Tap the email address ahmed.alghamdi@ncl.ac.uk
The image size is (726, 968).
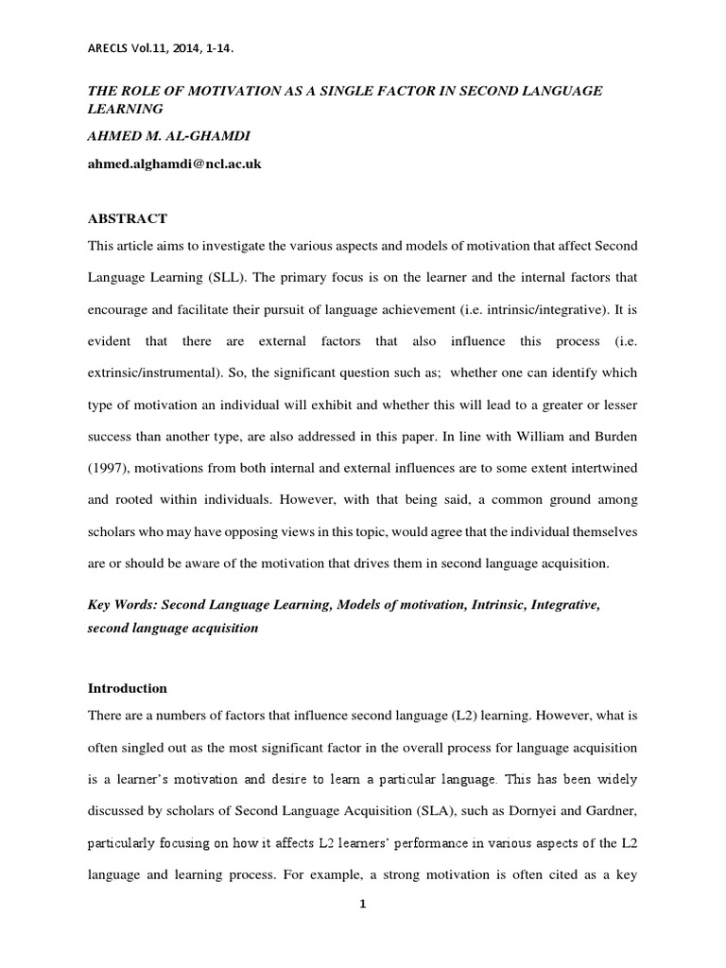pyautogui.click(x=174, y=163)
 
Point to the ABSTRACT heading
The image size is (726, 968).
pyautogui.click(x=128, y=218)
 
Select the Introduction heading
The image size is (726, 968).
pyautogui.click(x=128, y=687)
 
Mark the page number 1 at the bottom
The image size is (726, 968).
pyautogui.click(x=362, y=904)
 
